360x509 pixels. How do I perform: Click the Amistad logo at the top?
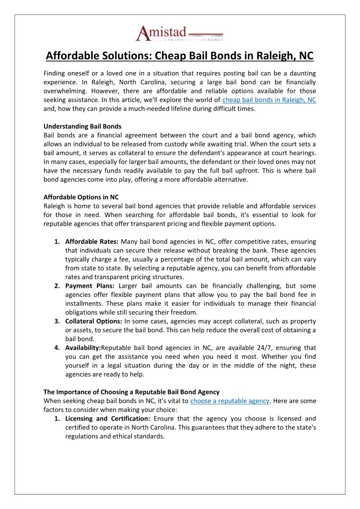180,34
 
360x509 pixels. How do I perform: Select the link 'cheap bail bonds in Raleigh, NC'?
269,100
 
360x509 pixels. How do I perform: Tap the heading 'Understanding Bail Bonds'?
83,126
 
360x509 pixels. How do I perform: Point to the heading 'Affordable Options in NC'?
81,197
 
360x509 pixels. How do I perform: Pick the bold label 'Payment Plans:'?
90,286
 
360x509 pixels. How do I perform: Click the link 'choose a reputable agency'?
230,401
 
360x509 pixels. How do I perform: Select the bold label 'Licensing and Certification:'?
107,418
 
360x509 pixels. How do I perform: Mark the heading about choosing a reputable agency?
131,392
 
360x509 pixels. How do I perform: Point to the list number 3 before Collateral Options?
57,321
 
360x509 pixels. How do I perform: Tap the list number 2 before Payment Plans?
57,286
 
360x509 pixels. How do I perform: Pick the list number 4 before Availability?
57,348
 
